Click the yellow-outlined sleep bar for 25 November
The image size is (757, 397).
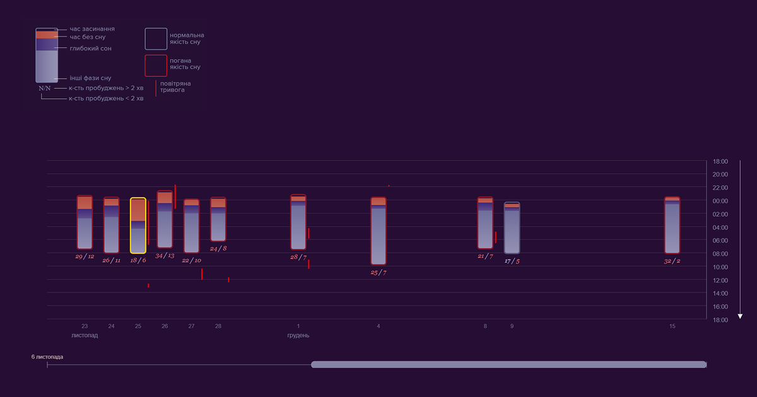pyautogui.click(x=138, y=226)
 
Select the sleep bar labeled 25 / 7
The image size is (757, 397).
pyautogui.click(x=378, y=231)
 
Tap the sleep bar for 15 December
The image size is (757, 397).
pyautogui.click(x=672, y=225)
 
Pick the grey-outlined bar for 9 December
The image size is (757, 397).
pyautogui.click(x=512, y=227)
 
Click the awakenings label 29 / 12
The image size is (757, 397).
pyautogui.click(x=85, y=256)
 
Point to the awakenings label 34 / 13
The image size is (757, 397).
pyautogui.click(x=165, y=255)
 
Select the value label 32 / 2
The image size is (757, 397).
pyautogui.click(x=672, y=260)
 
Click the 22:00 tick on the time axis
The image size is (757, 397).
pyautogui.click(x=720, y=188)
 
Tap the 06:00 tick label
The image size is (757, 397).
pyautogui.click(x=720, y=241)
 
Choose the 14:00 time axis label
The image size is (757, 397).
pyautogui.click(x=720, y=294)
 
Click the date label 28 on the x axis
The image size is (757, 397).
pyautogui.click(x=218, y=326)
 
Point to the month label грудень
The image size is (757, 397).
pyautogui.click(x=298, y=335)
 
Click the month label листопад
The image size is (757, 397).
pyautogui.click(x=85, y=335)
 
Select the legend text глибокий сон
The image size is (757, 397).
pyautogui.click(x=90, y=49)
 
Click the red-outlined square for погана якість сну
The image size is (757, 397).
pyautogui.click(x=156, y=66)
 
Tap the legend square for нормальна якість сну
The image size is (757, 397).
pyautogui.click(x=156, y=38)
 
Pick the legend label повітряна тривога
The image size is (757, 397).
pyautogui.click(x=175, y=87)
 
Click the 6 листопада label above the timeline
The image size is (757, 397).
pyautogui.click(x=47, y=357)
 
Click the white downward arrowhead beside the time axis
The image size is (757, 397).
pyautogui.click(x=741, y=316)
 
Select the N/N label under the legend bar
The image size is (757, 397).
pyautogui.click(x=45, y=88)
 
